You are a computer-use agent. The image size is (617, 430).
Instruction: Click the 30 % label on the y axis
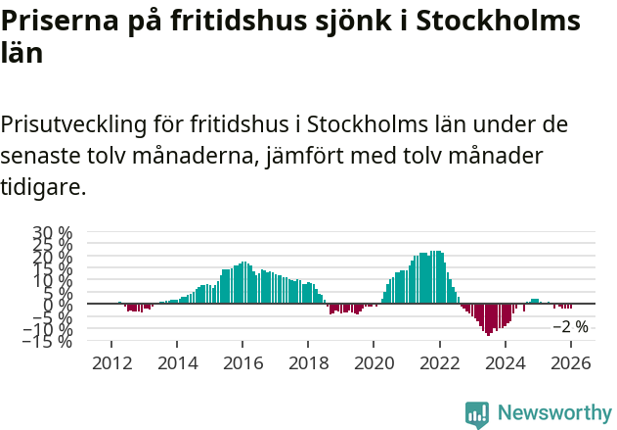(x=53, y=234)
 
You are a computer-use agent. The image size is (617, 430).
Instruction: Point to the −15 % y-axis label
(x=49, y=341)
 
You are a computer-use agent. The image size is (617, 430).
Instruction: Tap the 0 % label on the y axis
(x=58, y=305)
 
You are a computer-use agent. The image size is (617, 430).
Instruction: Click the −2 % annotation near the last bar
(x=571, y=326)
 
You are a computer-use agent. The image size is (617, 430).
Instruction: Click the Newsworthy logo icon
(x=477, y=413)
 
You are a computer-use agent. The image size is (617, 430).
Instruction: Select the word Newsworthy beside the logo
(x=554, y=413)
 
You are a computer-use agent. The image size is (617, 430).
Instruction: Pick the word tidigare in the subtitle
(x=44, y=186)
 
